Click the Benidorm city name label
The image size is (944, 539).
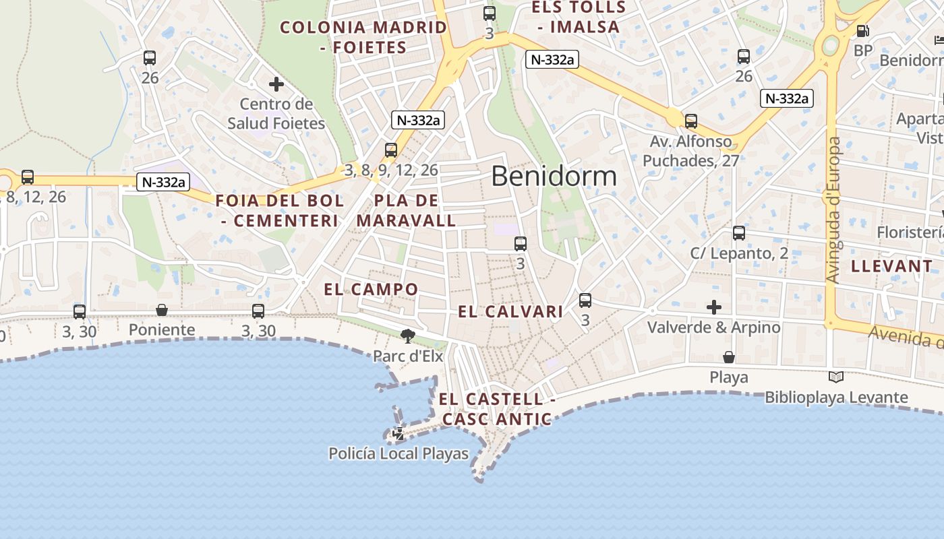click(x=554, y=177)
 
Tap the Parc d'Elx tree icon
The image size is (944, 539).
click(x=407, y=336)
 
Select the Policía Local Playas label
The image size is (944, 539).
click(x=398, y=453)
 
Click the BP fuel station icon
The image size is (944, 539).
click(x=862, y=31)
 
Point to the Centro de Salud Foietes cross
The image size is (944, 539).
click(x=276, y=85)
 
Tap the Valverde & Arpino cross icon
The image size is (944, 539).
click(x=713, y=308)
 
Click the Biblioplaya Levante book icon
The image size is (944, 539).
click(x=836, y=377)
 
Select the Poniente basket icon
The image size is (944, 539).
click(x=162, y=310)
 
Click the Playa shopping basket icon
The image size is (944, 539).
click(x=729, y=357)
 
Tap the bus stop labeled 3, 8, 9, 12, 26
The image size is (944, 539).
click(x=391, y=150)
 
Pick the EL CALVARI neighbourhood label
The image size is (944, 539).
click(x=510, y=312)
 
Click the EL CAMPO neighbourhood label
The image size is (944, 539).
click(x=371, y=290)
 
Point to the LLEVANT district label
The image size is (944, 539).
click(x=891, y=266)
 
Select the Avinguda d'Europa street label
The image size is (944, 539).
click(x=833, y=210)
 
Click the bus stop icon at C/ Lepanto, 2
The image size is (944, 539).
click(x=739, y=233)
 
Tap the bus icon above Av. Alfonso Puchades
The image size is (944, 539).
click(x=691, y=122)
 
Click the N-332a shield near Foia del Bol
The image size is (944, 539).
click(x=163, y=182)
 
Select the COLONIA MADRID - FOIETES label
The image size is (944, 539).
click(x=363, y=38)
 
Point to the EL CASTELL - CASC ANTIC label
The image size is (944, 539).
click(x=497, y=409)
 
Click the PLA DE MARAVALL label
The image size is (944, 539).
click(x=407, y=210)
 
